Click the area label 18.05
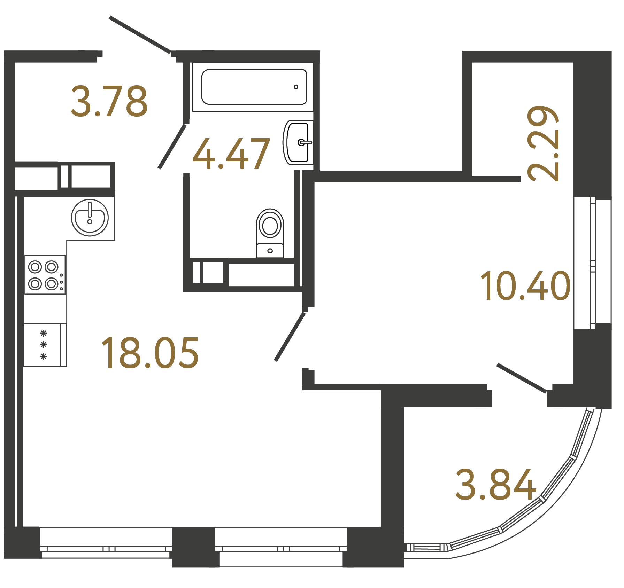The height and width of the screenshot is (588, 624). (150, 353)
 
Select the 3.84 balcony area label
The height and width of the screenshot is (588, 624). (496, 485)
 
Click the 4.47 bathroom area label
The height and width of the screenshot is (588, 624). (231, 154)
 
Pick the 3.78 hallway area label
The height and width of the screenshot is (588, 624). (109, 101)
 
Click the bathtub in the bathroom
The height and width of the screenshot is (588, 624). (254, 87)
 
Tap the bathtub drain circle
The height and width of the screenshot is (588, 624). (296, 87)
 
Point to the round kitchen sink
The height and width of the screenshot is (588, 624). (90, 218)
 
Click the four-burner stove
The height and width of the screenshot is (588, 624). (45, 275)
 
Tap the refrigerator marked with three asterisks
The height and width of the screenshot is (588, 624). (45, 345)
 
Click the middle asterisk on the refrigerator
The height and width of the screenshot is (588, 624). (44, 345)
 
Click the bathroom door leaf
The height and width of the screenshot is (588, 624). (172, 147)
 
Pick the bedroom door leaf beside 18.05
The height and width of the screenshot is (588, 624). (290, 337)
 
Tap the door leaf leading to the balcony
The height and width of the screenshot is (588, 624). (521, 378)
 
